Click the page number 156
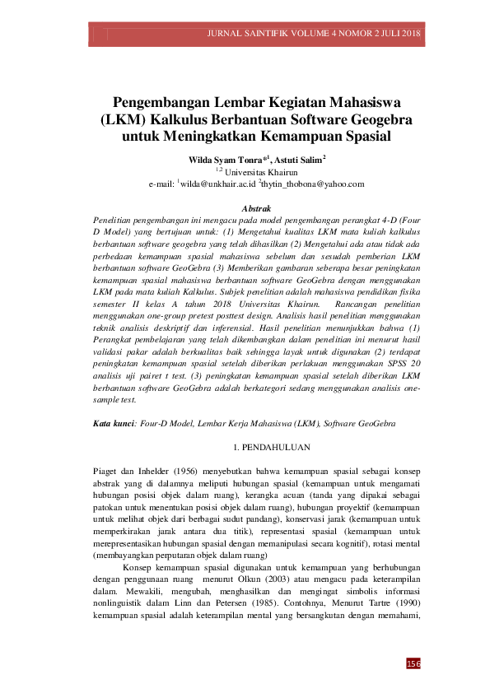click(x=415, y=663)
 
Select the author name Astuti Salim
click(x=299, y=158)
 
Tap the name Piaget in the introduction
click(x=107, y=471)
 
